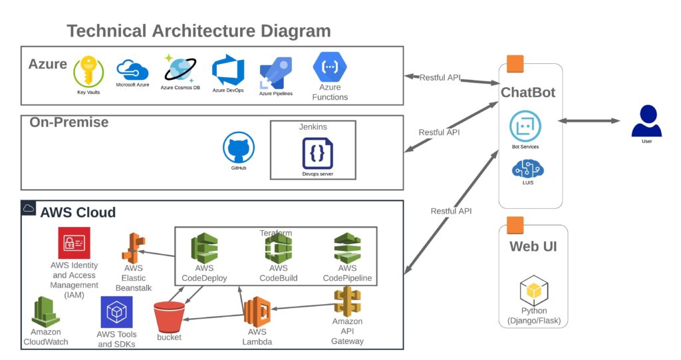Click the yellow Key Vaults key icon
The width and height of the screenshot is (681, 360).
88,72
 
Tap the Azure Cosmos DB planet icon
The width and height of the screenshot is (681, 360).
180,69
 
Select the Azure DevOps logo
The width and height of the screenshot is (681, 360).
228,71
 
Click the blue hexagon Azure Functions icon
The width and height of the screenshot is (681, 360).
330,67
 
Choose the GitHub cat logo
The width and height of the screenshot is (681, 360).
239,148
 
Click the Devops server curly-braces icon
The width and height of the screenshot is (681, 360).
317,153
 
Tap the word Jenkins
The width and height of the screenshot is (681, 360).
313,127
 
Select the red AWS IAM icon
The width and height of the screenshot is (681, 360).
74,243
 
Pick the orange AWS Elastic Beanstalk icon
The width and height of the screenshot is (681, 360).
133,248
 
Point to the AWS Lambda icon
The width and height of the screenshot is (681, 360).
257,311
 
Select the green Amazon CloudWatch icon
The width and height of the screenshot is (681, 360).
45,311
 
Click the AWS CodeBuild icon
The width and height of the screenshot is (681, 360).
279,248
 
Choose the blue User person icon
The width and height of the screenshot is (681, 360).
646,121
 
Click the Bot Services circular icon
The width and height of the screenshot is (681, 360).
525,126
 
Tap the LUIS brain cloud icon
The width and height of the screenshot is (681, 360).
527,169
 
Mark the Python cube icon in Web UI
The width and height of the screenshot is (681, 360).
534,290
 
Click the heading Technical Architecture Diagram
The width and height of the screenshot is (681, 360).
199,31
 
